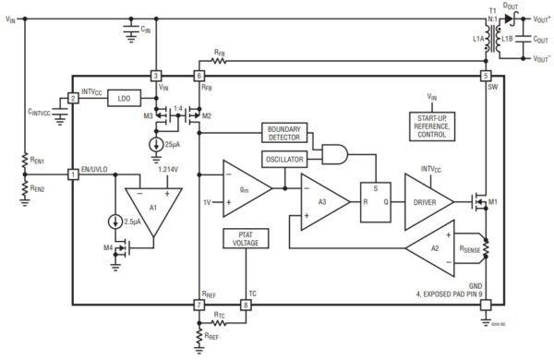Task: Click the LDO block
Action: (120, 97)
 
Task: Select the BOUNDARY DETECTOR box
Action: (284, 134)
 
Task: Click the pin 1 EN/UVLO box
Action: (73, 173)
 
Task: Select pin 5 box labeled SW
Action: (486, 76)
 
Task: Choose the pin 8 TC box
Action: (245, 304)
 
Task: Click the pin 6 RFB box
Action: (199, 76)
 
